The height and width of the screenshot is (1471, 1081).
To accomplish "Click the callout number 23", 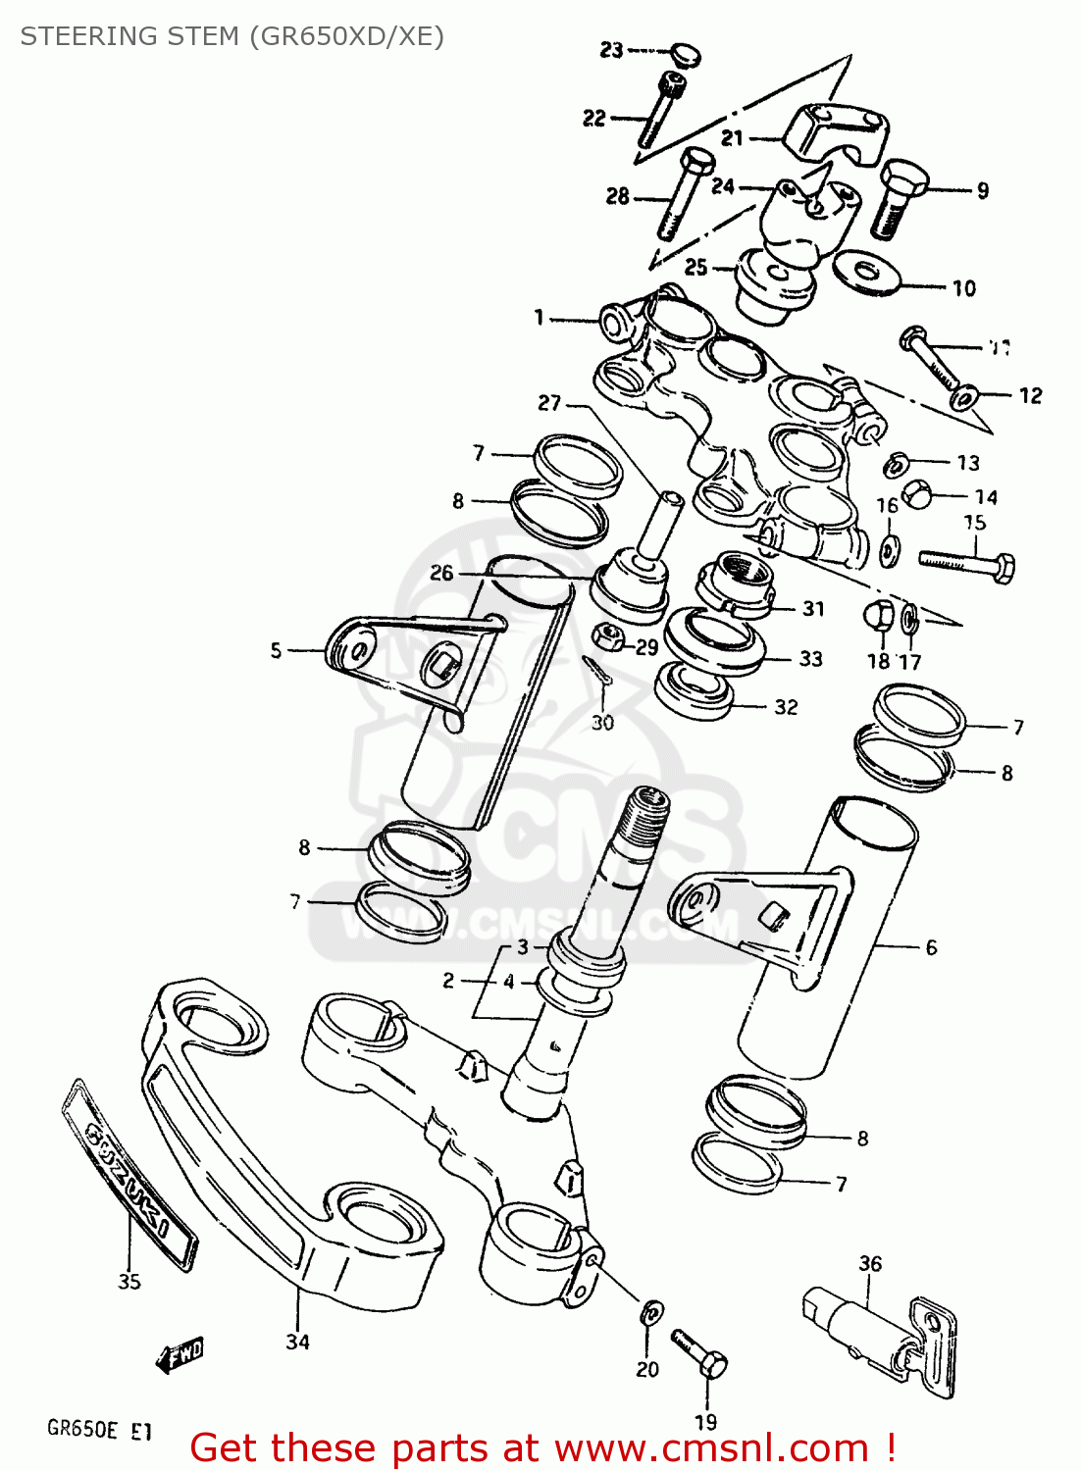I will (x=611, y=50).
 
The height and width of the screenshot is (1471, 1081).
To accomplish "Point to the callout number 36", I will (x=870, y=1264).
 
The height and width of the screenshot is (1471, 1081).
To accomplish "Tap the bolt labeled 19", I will (x=700, y=1353).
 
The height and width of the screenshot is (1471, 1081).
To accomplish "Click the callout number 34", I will (x=297, y=1342).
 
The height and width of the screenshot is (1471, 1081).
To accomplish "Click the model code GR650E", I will (x=82, y=1429).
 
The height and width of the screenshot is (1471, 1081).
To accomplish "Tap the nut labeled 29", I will (x=608, y=636).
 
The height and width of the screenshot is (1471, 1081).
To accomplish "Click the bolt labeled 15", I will (x=967, y=563).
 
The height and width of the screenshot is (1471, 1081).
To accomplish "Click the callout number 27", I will (x=549, y=403).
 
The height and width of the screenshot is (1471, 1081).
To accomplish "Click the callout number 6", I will (x=931, y=947).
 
